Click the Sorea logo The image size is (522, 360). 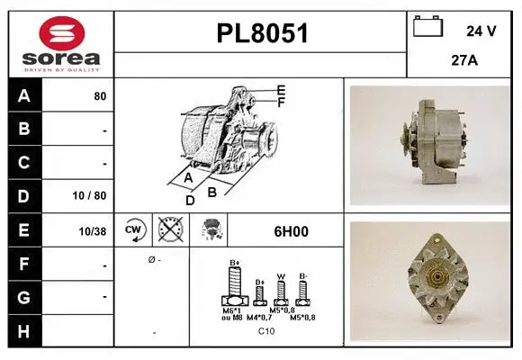click(61, 42)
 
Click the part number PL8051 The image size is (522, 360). click(262, 34)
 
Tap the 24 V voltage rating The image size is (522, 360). click(481, 31)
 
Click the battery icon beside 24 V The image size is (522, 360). click(428, 28)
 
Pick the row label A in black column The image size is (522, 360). click(23, 95)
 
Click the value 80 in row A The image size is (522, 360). click(100, 96)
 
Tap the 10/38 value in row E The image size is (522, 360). click(93, 231)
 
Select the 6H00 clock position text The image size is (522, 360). click(290, 231)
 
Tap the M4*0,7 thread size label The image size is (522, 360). click(262, 318)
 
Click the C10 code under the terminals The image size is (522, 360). click(266, 331)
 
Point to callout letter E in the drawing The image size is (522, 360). click(281, 89)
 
